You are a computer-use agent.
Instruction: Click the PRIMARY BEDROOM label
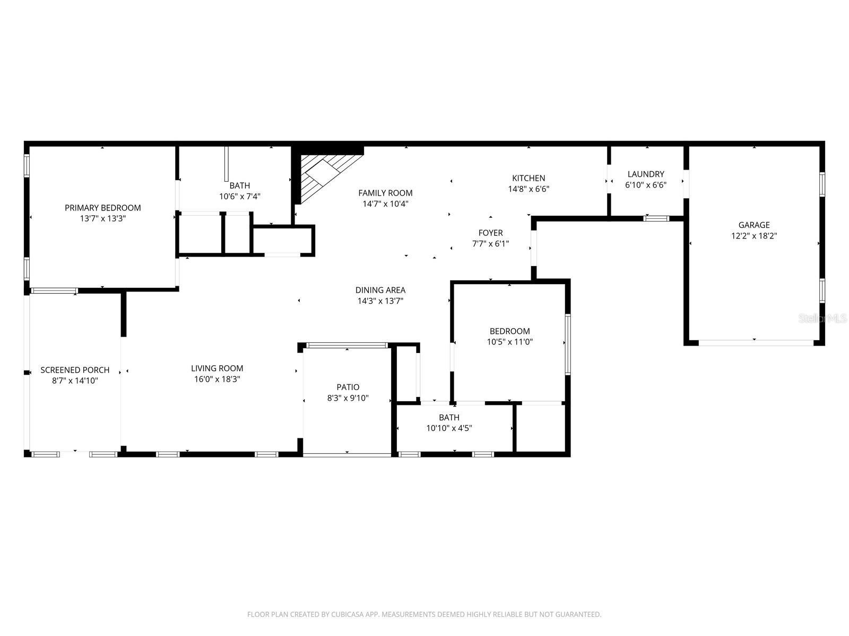pyautogui.click(x=102, y=208)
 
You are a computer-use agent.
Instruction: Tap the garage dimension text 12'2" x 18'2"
pyautogui.click(x=753, y=236)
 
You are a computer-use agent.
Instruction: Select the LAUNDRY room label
pyautogui.click(x=645, y=174)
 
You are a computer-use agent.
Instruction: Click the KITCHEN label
pyautogui.click(x=528, y=178)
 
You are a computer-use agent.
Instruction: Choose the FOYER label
pyautogui.click(x=490, y=233)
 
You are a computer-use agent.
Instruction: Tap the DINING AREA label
pyautogui.click(x=380, y=290)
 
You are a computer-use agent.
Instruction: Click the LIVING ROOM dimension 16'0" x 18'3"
pyautogui.click(x=217, y=379)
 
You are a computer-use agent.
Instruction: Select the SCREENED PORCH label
pyautogui.click(x=75, y=370)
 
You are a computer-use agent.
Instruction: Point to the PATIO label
pyautogui.click(x=348, y=387)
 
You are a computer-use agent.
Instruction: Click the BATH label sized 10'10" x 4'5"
pyautogui.click(x=449, y=418)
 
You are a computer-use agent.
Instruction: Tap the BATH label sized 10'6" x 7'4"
pyautogui.click(x=239, y=185)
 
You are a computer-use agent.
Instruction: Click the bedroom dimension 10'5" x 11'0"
pyautogui.click(x=509, y=342)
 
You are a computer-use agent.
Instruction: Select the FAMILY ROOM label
pyautogui.click(x=385, y=193)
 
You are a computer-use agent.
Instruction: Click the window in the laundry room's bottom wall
pyautogui.click(x=656, y=218)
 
